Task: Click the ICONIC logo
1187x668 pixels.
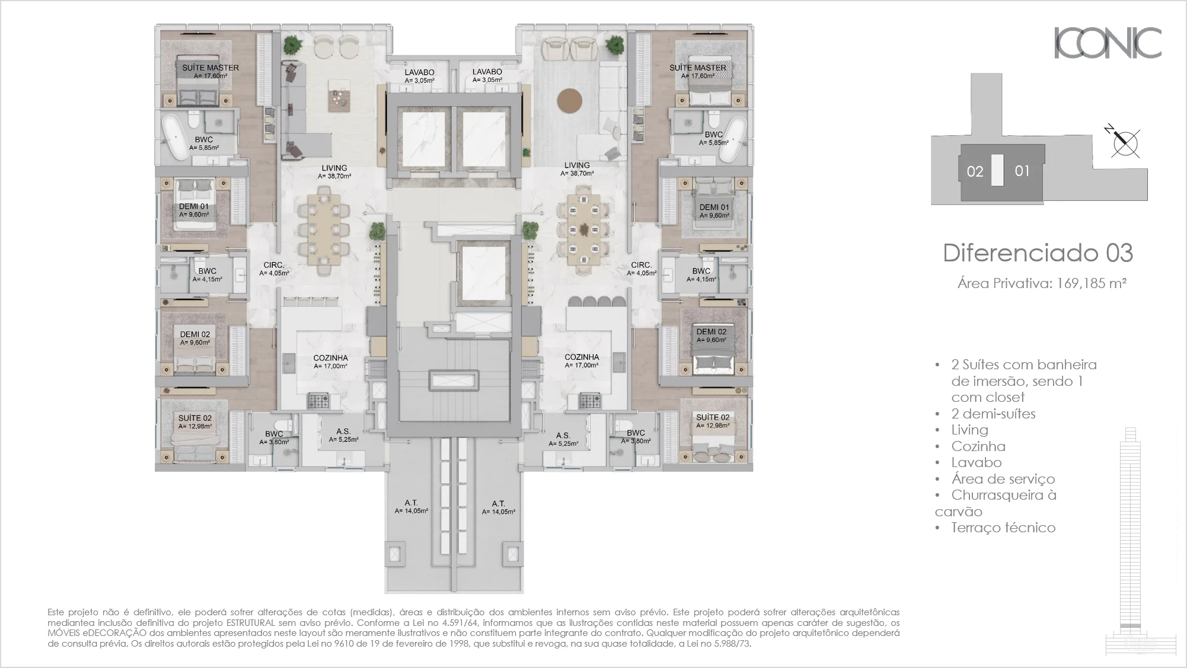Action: [x=1107, y=43]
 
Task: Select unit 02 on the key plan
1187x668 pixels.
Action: [x=975, y=172]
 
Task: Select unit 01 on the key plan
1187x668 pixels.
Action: [x=1022, y=171]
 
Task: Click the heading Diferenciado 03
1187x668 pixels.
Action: [x=1038, y=253]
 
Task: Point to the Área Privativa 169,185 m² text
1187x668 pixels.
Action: [x=1042, y=283]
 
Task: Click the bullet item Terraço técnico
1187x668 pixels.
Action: [x=1003, y=528]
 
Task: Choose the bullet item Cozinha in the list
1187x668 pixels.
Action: [x=978, y=446]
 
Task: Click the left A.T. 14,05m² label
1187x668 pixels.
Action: [x=411, y=506]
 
